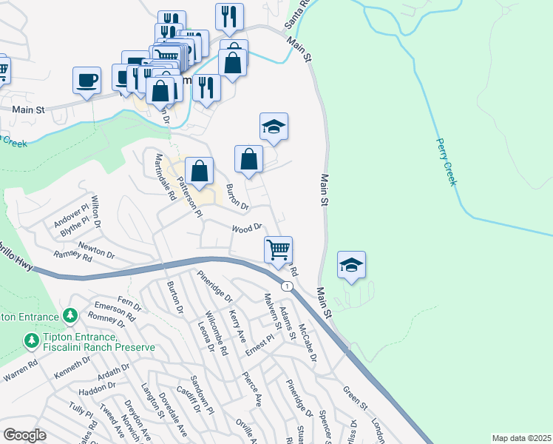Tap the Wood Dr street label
click(x=248, y=228)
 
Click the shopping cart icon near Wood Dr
click(x=278, y=249)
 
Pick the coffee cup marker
click(x=86, y=80)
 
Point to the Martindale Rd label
click(x=164, y=177)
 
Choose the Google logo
click(x=24, y=434)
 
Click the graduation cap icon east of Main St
click(x=352, y=264)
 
